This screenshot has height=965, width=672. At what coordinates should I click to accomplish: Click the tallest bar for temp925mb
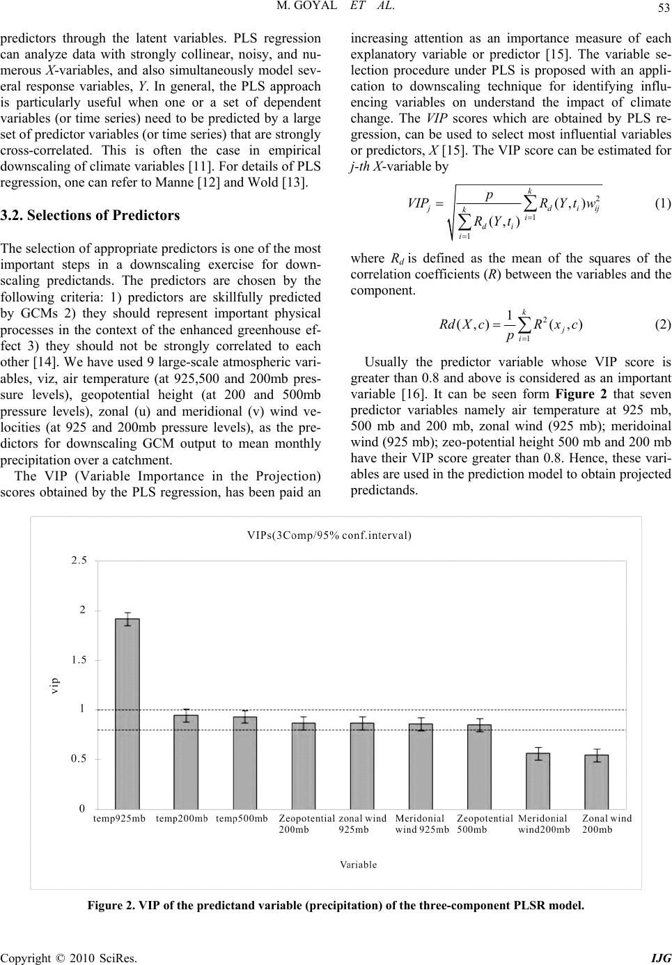(127, 714)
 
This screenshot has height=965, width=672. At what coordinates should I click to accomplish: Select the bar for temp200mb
(186, 762)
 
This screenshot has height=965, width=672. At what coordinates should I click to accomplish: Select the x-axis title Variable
(359, 865)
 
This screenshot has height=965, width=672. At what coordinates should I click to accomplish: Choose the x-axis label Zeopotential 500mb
(485, 824)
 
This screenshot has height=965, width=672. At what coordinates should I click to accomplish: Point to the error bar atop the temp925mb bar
(127, 618)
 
